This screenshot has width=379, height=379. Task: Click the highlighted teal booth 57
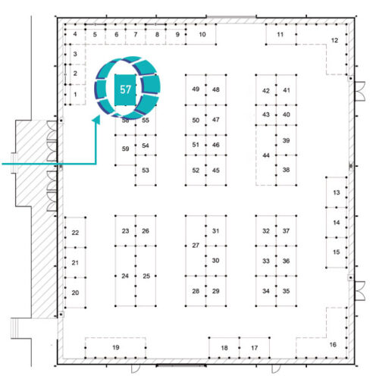click(x=125, y=89)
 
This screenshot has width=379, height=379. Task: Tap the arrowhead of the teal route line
click(x=96, y=119)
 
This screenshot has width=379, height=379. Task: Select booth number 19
click(x=115, y=348)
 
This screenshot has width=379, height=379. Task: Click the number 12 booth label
click(x=334, y=40)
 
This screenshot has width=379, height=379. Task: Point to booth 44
click(x=266, y=155)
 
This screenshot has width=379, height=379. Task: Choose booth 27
click(x=196, y=246)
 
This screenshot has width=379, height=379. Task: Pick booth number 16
click(x=333, y=345)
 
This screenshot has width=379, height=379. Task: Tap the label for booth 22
click(x=75, y=233)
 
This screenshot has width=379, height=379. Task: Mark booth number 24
click(x=125, y=276)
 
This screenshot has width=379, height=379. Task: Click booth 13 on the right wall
click(x=337, y=193)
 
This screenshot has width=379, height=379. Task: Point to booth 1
click(x=75, y=95)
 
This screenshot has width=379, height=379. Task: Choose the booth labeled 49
click(x=196, y=89)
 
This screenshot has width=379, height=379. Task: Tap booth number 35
click(x=286, y=291)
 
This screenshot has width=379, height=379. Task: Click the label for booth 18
click(x=224, y=348)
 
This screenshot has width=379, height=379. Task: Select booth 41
click(x=286, y=89)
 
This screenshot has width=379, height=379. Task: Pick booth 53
click(x=146, y=170)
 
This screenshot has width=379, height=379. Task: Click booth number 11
click(x=281, y=34)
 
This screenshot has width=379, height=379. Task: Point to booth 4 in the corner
click(x=75, y=34)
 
